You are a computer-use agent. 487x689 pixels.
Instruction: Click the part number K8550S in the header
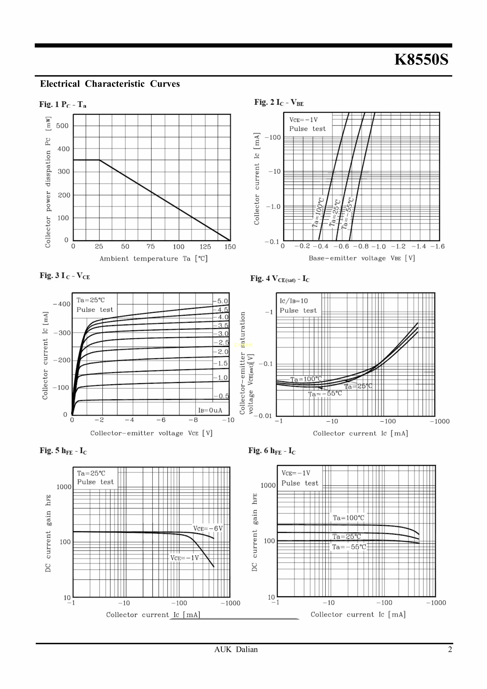[421, 59]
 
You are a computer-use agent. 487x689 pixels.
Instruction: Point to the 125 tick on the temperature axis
[205, 247]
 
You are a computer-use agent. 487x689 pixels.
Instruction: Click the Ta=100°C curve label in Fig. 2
[318, 212]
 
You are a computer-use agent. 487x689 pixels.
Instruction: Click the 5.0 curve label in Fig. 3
[222, 301]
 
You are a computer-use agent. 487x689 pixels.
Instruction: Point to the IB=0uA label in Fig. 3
[210, 410]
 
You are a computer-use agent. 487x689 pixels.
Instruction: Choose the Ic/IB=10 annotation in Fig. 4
[294, 301]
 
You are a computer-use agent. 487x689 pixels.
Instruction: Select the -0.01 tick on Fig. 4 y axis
[263, 416]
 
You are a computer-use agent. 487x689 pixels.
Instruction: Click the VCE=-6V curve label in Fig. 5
[208, 528]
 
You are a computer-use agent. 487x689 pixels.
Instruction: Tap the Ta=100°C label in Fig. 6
[348, 518]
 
